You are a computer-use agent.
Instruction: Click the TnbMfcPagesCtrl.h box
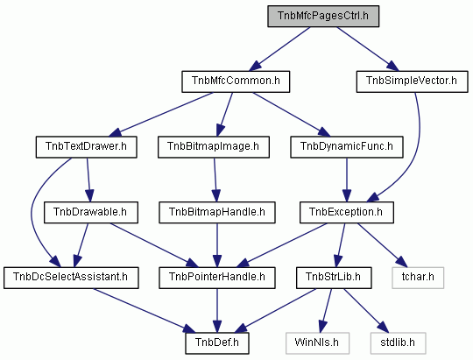click(323, 16)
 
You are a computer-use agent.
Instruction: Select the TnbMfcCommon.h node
click(236, 81)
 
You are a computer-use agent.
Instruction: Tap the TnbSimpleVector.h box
click(412, 81)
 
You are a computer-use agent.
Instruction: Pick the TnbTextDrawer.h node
click(86, 147)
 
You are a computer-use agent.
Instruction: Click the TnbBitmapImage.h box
click(213, 147)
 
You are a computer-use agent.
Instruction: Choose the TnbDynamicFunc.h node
click(347, 147)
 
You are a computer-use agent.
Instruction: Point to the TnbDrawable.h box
click(91, 213)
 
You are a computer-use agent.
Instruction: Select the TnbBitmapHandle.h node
click(217, 213)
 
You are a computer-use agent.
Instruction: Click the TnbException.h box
click(347, 213)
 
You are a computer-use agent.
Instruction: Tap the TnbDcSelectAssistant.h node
click(71, 278)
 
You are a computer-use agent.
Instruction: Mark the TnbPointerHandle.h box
click(217, 278)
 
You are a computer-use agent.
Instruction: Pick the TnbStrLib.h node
click(334, 278)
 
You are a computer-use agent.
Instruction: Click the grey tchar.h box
click(418, 278)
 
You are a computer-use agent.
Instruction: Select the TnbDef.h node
click(217, 343)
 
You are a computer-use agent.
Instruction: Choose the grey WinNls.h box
click(317, 343)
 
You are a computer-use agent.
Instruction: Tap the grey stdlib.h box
click(399, 343)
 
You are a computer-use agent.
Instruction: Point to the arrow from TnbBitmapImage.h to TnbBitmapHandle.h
click(215, 180)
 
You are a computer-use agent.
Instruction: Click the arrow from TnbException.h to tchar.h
click(382, 245)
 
